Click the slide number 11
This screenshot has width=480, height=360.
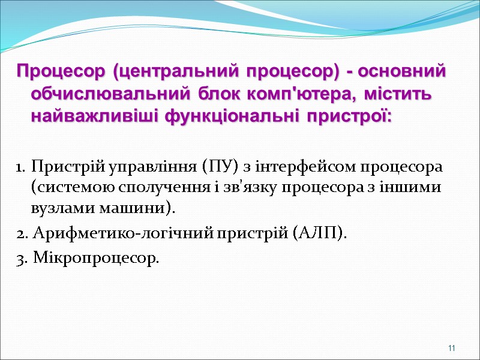(451, 349)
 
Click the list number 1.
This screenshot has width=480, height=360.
(20, 166)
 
